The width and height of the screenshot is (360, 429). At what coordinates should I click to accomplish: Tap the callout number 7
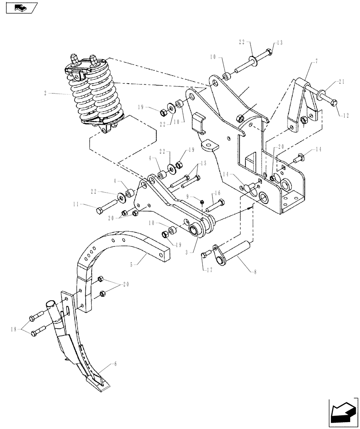click(x=316, y=62)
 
